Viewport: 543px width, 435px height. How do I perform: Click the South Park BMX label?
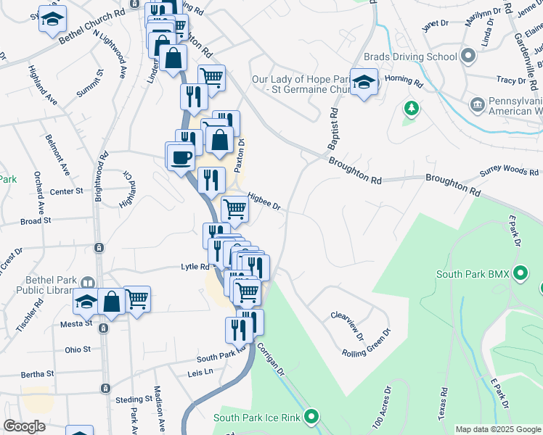pyautogui.click(x=473, y=275)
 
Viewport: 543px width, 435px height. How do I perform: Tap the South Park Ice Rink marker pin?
pyautogui.click(x=312, y=417)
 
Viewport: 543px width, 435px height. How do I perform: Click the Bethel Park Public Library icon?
pyautogui.click(x=88, y=283)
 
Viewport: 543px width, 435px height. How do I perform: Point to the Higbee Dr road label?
pyautogui.click(x=264, y=201)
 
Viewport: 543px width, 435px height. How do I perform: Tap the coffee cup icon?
pyautogui.click(x=181, y=157)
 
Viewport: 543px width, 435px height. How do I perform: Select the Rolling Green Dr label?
pyautogui.click(x=367, y=344)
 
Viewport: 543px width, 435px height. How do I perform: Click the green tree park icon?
pyautogui.click(x=412, y=109)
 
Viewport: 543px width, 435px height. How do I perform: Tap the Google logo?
pyautogui.click(x=24, y=426)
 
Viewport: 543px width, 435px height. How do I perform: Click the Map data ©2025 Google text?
pyautogui.click(x=498, y=430)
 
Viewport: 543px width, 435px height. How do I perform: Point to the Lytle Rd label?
pyautogui.click(x=195, y=267)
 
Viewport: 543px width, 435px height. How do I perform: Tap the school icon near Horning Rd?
pyautogui.click(x=363, y=81)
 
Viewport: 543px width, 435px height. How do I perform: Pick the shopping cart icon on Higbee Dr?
pyautogui.click(x=234, y=210)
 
